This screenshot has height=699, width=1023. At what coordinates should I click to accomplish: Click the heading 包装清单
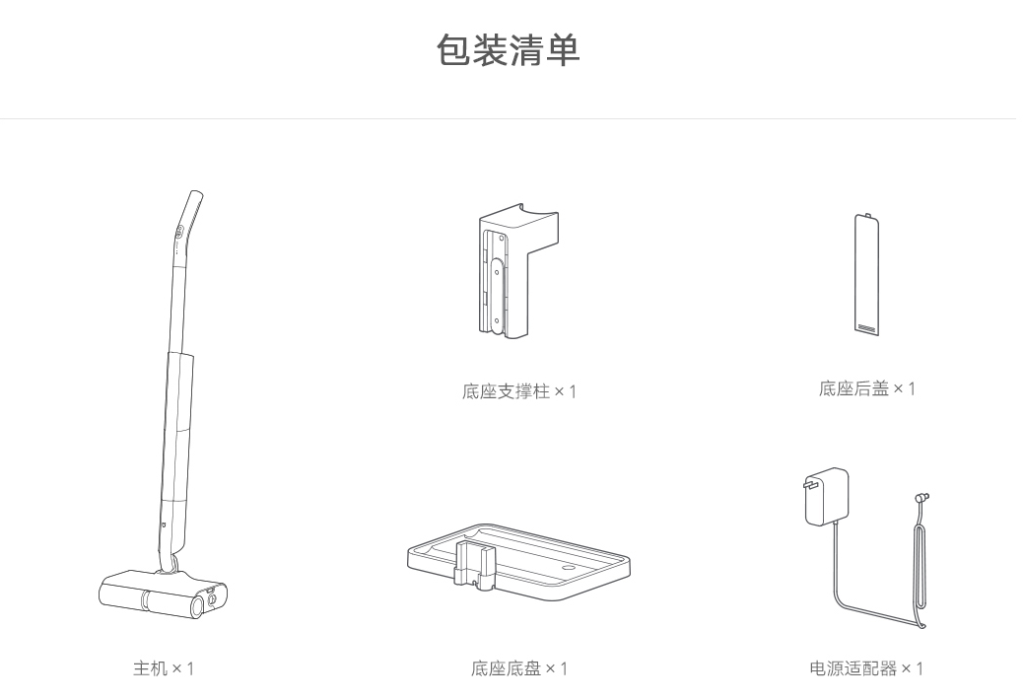pyautogui.click(x=509, y=50)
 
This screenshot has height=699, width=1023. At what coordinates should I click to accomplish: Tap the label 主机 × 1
pyautogui.click(x=164, y=668)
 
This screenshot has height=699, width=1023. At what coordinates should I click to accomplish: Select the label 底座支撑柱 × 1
pyautogui.click(x=519, y=391)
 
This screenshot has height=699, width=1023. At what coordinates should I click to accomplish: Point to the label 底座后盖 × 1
pyautogui.click(x=866, y=388)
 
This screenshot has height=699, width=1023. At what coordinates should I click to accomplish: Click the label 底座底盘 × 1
pyautogui.click(x=519, y=668)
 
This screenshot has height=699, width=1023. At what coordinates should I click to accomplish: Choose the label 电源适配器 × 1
pyautogui.click(x=866, y=668)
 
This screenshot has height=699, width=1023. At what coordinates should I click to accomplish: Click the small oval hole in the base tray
pyautogui.click(x=569, y=568)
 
